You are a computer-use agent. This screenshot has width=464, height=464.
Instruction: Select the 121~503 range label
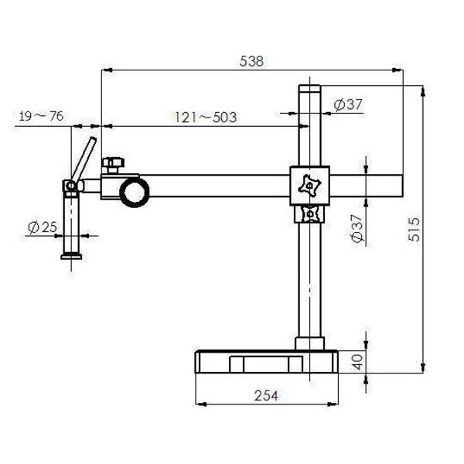204,118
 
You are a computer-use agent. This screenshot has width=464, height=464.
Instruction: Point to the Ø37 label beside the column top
349,105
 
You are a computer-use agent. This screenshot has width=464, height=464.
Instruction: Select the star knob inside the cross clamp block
309,186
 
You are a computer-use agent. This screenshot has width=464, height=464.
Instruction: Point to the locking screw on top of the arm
114,165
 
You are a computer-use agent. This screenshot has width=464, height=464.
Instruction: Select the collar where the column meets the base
309,343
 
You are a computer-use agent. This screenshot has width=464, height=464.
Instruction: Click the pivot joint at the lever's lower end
70,186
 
